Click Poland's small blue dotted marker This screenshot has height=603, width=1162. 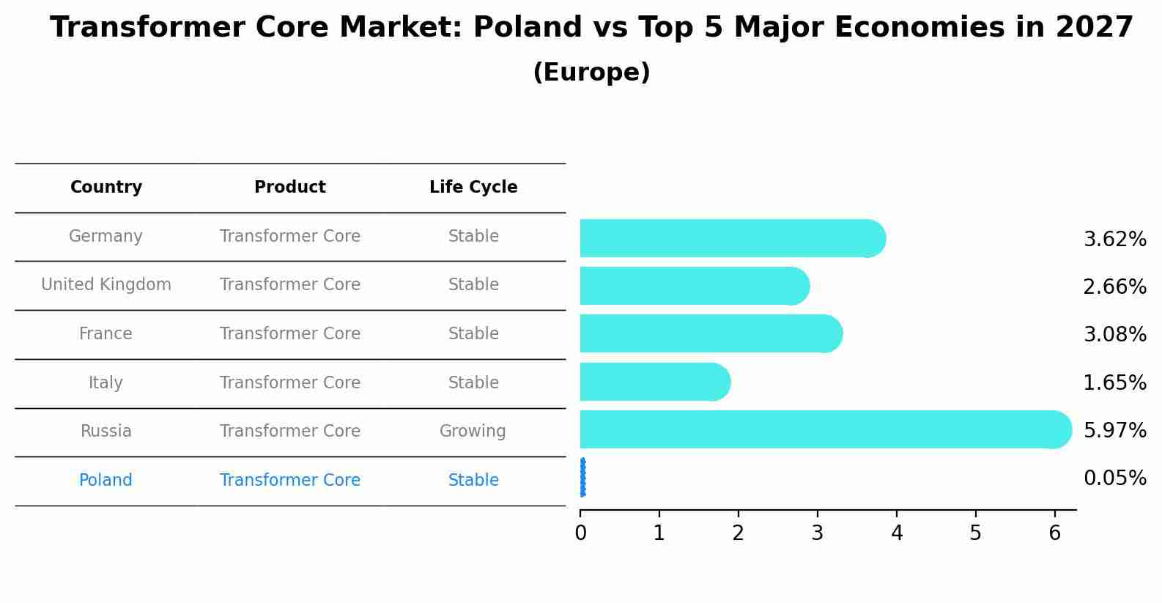582,478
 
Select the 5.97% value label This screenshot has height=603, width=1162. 1114,430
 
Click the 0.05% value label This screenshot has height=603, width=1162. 1114,478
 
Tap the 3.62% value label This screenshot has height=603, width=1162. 1114,240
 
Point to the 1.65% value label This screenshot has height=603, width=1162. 1114,382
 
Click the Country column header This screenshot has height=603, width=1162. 106,188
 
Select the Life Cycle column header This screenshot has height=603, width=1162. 473,188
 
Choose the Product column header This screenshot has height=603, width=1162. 290,188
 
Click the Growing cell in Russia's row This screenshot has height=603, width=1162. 473,432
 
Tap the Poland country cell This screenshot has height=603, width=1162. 106,481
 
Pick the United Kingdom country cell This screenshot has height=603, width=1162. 106,285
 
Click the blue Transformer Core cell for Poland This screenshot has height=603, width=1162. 290,481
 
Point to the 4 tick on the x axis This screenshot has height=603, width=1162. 897,533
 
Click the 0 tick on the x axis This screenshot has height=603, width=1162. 580,533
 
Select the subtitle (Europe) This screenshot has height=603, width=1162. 591,73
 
